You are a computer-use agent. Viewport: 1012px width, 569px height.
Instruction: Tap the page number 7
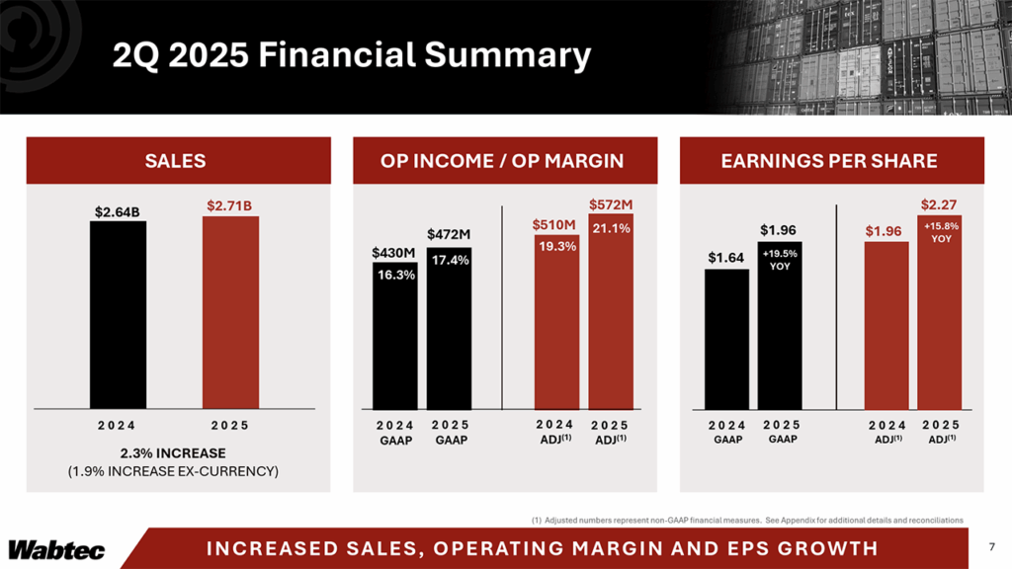pos(991,547)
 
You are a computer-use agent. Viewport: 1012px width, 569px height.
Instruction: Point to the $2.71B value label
pos(230,205)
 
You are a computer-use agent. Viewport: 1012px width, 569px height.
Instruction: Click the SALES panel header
pos(176,161)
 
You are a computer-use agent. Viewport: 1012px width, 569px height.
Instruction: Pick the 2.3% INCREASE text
pos(173,452)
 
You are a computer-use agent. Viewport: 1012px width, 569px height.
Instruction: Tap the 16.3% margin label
pos(395,276)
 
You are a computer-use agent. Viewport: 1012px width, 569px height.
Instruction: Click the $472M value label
pos(450,234)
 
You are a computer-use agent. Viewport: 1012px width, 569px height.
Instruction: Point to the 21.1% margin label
pos(611,228)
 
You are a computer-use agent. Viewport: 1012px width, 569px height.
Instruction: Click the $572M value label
pos(611,204)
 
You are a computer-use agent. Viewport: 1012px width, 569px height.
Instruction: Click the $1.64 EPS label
pos(726,258)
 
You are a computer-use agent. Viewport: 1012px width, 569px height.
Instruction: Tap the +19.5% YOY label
pos(781,260)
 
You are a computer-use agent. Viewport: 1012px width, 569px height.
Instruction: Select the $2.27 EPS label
pos(939,204)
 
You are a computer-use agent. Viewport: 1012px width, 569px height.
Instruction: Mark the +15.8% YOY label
pos(939,232)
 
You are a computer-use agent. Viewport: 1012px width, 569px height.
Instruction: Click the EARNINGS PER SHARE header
pos(832,161)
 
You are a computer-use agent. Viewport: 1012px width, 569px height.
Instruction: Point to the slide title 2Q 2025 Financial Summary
pos(350,55)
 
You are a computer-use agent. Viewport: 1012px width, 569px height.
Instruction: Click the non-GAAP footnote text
pos(741,519)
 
